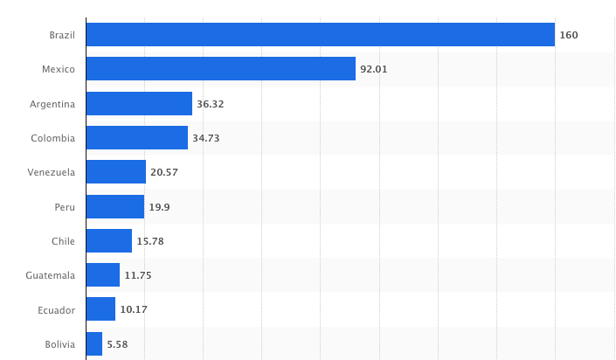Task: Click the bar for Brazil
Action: pos(321,35)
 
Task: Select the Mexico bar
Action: pos(221,69)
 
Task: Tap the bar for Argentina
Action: pos(139,104)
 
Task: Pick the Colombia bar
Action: pos(137,138)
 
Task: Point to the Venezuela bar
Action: pos(116,172)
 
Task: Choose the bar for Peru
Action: pos(115,206)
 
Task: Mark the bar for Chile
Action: pos(109,241)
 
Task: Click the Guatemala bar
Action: pos(103,275)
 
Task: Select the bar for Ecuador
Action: pos(100,309)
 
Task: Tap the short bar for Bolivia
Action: pos(94,344)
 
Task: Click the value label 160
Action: pos(569,35)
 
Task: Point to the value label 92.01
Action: pos(374,69)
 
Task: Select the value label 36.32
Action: pos(211,104)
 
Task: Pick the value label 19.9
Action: pos(159,207)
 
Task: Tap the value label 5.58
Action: pos(117,344)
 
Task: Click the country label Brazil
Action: pos(62,35)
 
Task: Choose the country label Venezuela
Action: pos(52,172)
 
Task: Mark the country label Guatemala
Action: pos(51,275)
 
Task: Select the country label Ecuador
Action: pos(57,309)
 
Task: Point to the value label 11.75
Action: pos(138,275)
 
